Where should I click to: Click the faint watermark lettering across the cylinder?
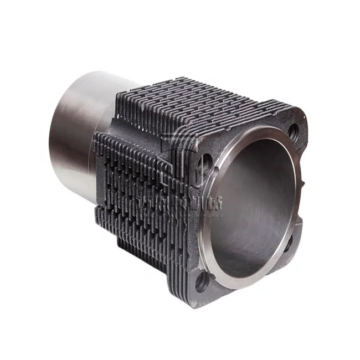click(x=183, y=202)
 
